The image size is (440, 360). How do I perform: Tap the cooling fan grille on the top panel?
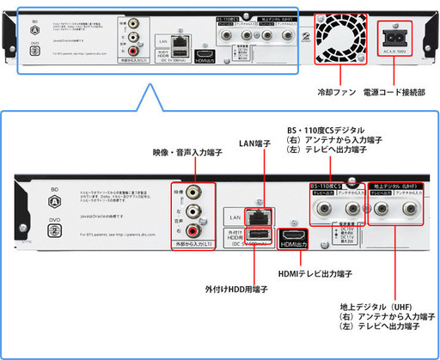coord(339,37)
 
